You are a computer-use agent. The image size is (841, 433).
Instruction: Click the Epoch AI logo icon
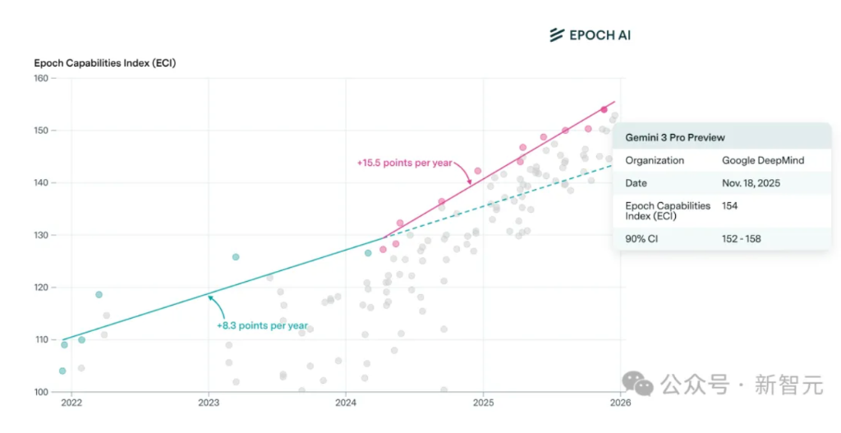tap(557, 35)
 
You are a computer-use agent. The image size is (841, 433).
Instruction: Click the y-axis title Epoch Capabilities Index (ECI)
tap(104, 62)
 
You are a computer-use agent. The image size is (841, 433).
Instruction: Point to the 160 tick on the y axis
tap(40, 78)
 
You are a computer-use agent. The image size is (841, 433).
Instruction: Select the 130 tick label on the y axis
tap(40, 235)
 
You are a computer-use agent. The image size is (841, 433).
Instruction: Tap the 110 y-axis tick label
tap(40, 339)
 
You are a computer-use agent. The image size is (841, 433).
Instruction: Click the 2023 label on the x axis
tap(209, 403)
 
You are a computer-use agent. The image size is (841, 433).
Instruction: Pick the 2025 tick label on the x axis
tap(483, 403)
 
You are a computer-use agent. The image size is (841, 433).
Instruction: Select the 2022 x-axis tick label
tap(71, 403)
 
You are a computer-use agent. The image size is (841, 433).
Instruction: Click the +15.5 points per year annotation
tap(404, 163)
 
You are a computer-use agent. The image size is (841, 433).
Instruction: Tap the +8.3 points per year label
tap(262, 326)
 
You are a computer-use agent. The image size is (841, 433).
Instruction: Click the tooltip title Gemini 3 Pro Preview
tap(675, 137)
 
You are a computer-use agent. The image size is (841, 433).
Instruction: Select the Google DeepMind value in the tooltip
tap(763, 160)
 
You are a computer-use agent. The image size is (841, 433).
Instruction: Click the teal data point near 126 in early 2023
tap(236, 257)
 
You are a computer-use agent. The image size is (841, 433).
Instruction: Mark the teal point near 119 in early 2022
tap(99, 294)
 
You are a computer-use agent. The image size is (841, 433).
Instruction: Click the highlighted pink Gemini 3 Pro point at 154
tap(604, 109)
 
